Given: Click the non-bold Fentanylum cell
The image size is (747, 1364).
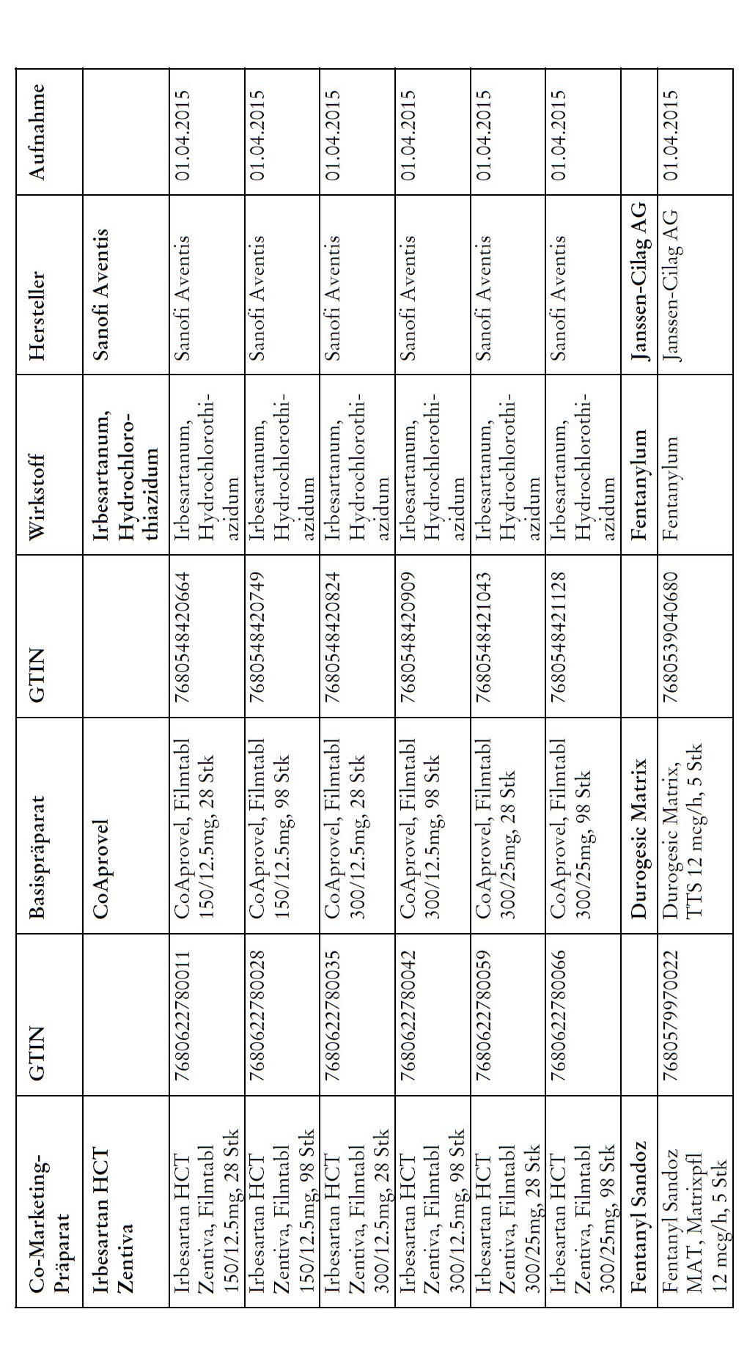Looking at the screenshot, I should coord(669,470).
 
